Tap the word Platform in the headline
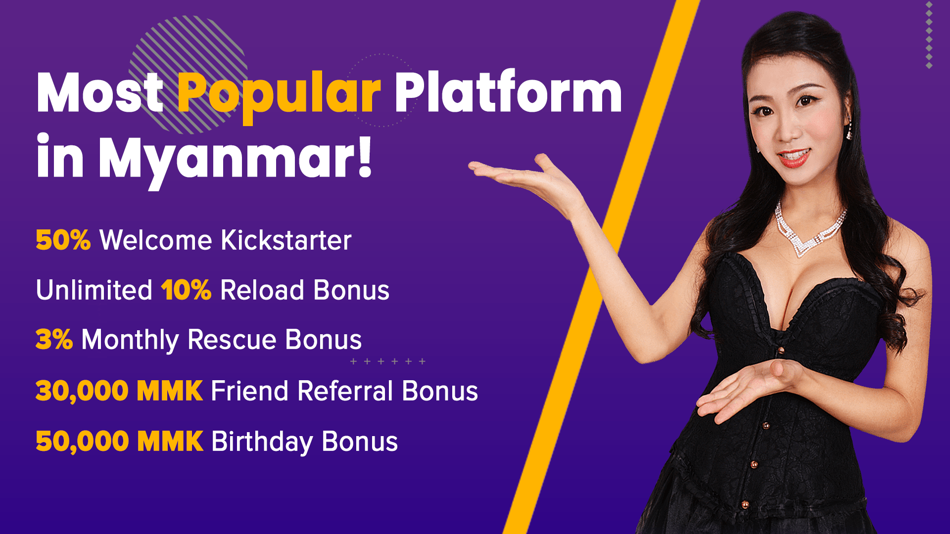pyautogui.click(x=508, y=91)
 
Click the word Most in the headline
pyautogui.click(x=100, y=92)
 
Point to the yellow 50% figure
pyautogui.click(x=63, y=240)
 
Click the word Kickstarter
pyautogui.click(x=286, y=240)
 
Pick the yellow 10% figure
pyautogui.click(x=187, y=290)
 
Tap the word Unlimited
pyautogui.click(x=94, y=290)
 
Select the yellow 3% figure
pyautogui.click(x=54, y=340)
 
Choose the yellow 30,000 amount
pyautogui.click(x=82, y=391)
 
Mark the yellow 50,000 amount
pyautogui.click(x=82, y=442)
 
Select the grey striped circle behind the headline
pyautogui.click(x=188, y=75)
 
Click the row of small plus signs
pyautogui.click(x=388, y=361)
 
